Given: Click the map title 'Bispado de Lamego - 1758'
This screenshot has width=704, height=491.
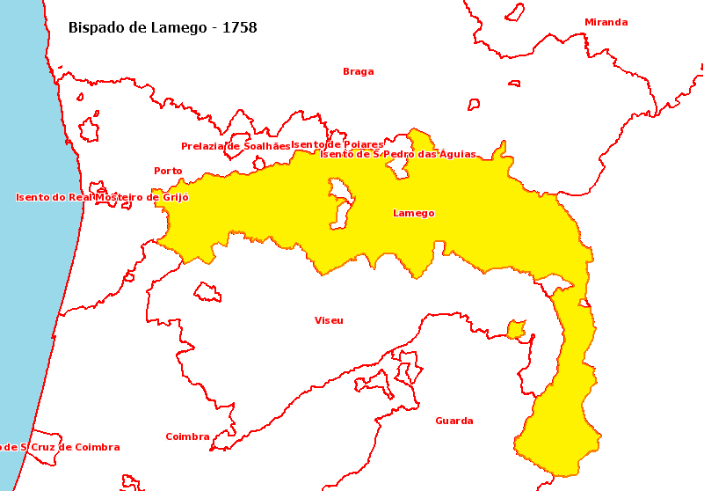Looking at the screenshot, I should [x=163, y=28].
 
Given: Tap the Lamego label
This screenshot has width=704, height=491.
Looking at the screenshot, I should [x=413, y=214].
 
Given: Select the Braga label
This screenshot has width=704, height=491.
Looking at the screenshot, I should [x=358, y=72].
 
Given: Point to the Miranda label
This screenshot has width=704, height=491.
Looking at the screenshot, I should [x=606, y=23].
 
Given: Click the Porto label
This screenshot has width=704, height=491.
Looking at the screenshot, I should [x=168, y=171].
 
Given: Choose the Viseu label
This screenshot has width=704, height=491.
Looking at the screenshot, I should [x=329, y=320].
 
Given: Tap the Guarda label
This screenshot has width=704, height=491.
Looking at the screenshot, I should [x=454, y=421].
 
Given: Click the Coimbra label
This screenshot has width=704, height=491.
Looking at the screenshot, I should [x=187, y=436].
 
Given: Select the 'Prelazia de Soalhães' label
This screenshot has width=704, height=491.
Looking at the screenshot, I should [x=235, y=146].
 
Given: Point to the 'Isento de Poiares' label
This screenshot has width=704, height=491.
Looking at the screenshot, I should [x=337, y=144].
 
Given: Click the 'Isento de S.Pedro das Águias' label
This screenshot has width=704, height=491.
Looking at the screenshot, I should [x=397, y=154].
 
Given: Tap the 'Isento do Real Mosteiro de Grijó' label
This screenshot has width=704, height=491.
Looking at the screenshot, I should [x=102, y=198].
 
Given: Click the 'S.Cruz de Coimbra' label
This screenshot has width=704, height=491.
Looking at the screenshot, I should [x=60, y=447].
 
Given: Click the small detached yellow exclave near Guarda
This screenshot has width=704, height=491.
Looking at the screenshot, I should [x=516, y=330].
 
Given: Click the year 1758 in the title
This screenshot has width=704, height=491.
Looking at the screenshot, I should [x=240, y=28].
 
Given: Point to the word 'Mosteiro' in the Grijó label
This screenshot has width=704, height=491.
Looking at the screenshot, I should [x=127, y=198].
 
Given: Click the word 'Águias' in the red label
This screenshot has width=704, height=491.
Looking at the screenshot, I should [x=457, y=154].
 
